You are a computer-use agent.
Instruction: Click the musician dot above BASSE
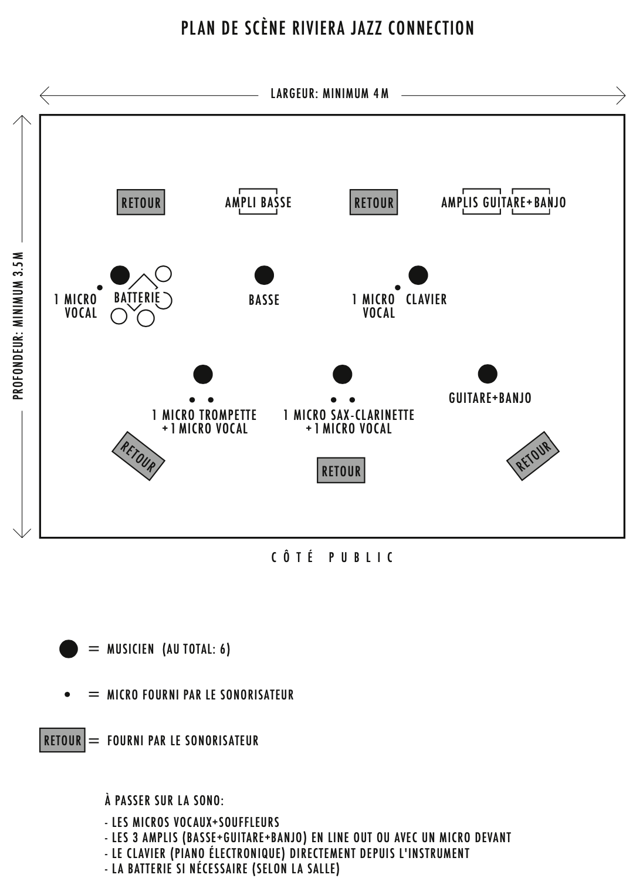click(264, 275)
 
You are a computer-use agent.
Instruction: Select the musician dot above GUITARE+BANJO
click(488, 374)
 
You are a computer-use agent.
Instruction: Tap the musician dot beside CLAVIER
click(418, 275)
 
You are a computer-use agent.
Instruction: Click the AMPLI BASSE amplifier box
click(258, 202)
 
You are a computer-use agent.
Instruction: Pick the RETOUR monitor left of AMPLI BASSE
click(141, 202)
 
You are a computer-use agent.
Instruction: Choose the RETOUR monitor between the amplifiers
click(374, 202)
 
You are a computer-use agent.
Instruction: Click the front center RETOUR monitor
click(341, 470)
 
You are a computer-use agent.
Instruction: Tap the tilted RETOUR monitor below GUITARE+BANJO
click(533, 456)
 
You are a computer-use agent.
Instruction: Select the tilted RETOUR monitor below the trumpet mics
click(138, 456)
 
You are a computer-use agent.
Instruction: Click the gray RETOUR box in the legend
click(62, 740)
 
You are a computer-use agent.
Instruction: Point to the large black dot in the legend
click(69, 649)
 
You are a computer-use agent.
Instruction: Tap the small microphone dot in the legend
click(67, 694)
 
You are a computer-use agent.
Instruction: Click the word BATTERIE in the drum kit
click(137, 298)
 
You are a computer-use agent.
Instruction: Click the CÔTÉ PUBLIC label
click(333, 557)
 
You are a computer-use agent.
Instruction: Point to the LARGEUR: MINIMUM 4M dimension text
click(330, 93)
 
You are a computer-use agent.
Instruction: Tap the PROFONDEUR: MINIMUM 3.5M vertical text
click(19, 325)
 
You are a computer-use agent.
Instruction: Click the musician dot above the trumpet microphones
click(203, 374)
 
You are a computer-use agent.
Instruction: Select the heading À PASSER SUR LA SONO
click(164, 800)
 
